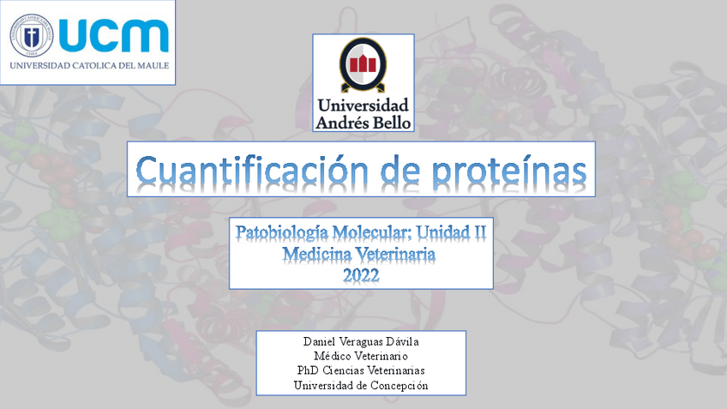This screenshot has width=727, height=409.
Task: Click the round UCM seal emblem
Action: (x=32, y=36)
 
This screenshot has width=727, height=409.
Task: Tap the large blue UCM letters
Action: (x=114, y=36)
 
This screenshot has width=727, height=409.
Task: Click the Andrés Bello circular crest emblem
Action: (x=363, y=64)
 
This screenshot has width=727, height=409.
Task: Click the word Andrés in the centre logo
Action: (x=343, y=123)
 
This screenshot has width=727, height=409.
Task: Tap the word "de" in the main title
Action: (x=400, y=170)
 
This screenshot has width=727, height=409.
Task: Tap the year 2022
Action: (x=361, y=275)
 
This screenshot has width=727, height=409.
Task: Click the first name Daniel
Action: (x=320, y=342)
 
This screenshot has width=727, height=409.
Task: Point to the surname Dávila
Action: (x=402, y=342)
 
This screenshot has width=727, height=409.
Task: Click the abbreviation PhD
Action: (x=308, y=370)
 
